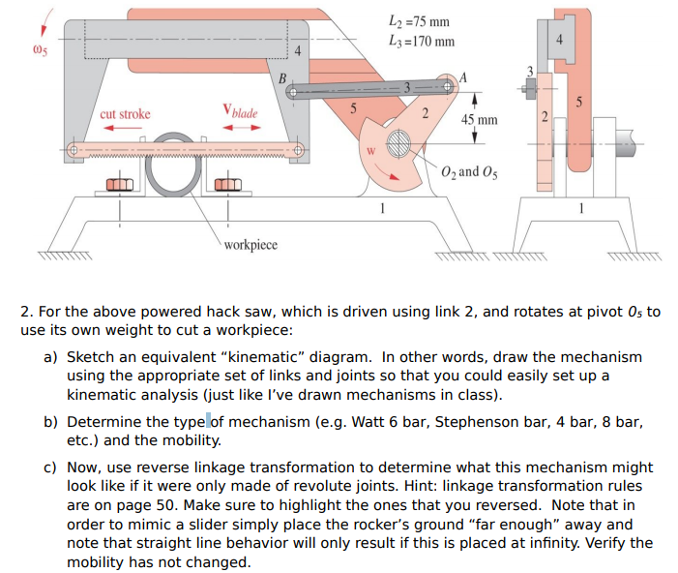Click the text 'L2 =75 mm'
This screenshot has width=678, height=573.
(x=417, y=22)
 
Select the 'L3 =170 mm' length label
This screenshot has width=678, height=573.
(x=421, y=42)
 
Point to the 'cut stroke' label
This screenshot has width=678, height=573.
(x=125, y=113)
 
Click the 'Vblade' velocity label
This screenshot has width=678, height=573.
(x=239, y=112)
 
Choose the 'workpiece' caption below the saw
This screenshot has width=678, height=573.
(x=250, y=244)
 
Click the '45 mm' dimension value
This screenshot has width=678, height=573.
(x=480, y=120)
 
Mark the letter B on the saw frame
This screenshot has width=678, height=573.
(x=281, y=78)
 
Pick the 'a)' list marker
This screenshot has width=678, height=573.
(x=52, y=357)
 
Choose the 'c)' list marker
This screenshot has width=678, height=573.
(x=52, y=467)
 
